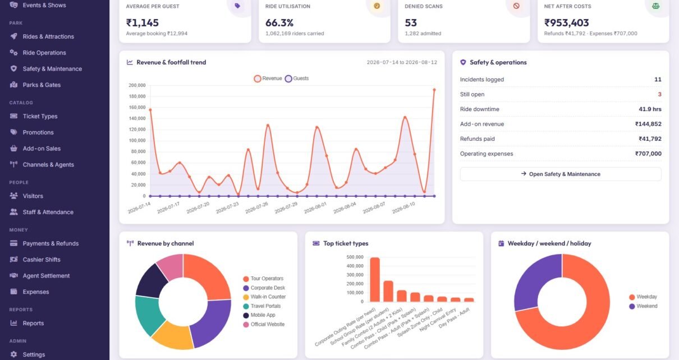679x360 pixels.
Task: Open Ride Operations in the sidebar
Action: (x=44, y=53)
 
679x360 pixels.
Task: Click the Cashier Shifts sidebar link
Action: (x=42, y=260)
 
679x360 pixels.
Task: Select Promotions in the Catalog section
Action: (x=38, y=132)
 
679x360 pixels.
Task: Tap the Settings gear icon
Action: (x=13, y=354)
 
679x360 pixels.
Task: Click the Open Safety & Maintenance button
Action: (x=561, y=174)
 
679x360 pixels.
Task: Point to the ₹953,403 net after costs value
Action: (x=566, y=23)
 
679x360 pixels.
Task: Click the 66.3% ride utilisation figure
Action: (x=279, y=23)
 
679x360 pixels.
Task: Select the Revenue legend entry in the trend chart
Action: (x=268, y=79)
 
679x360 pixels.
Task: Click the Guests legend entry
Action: (x=297, y=79)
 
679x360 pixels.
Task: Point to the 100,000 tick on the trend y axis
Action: (x=137, y=141)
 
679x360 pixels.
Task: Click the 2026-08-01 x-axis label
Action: (x=315, y=208)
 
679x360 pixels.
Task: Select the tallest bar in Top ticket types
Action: (x=375, y=280)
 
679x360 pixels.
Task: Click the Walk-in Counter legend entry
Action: (x=264, y=297)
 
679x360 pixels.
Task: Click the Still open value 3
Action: (x=659, y=94)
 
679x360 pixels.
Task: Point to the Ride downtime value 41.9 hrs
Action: (x=650, y=109)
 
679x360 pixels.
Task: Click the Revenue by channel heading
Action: (x=166, y=243)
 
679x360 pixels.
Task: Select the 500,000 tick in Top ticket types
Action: (x=355, y=257)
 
